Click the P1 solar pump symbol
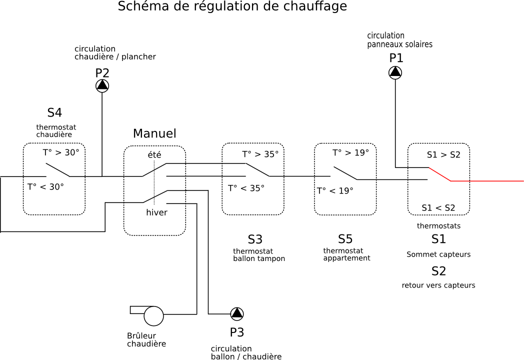coord(395,72)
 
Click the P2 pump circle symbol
coord(102,85)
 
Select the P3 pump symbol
coord(237,313)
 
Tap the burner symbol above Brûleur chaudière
coord(152,315)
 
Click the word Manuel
coord(154,134)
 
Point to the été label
coord(154,155)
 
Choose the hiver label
coord(156,212)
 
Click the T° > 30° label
coord(61,153)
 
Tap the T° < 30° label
coord(45,187)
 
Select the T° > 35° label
coord(260,154)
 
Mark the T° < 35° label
coord(246,188)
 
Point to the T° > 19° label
coord(350,152)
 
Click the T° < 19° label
coord(335,190)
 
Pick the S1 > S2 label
coord(443,155)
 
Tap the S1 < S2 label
coord(438,208)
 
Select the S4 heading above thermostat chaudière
coord(54,113)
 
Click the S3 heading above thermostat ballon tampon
coord(255,239)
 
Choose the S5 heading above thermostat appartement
coord(345,239)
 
